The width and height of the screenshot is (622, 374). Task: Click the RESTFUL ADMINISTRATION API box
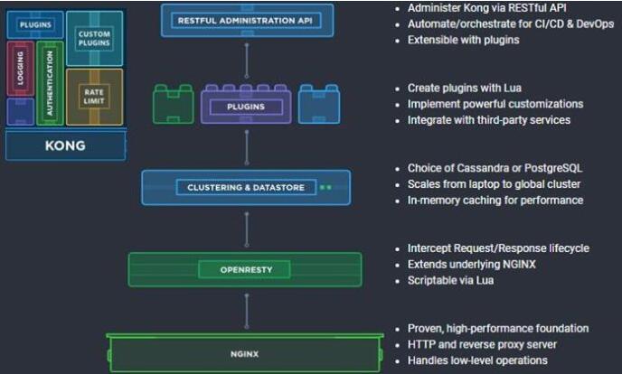pyautogui.click(x=248, y=20)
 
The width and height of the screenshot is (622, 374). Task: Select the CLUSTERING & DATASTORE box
pyautogui.click(x=246, y=188)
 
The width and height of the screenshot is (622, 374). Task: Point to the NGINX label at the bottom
pyautogui.click(x=245, y=353)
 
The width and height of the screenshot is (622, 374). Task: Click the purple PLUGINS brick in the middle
pyautogui.click(x=247, y=107)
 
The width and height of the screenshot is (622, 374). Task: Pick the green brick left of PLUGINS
pyautogui.click(x=174, y=105)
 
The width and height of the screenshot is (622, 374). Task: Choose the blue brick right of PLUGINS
pyautogui.click(x=318, y=105)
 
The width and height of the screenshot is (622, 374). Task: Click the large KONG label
pyautogui.click(x=65, y=145)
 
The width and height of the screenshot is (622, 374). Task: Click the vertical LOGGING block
pyautogui.click(x=20, y=69)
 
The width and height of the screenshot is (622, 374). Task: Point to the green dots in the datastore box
pyautogui.click(x=325, y=188)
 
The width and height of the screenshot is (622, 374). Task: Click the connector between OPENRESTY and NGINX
pyautogui.click(x=246, y=311)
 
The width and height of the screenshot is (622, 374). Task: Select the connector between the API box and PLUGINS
pyautogui.click(x=246, y=60)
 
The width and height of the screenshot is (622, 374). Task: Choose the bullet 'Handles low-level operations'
pyautogui.click(x=477, y=360)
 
